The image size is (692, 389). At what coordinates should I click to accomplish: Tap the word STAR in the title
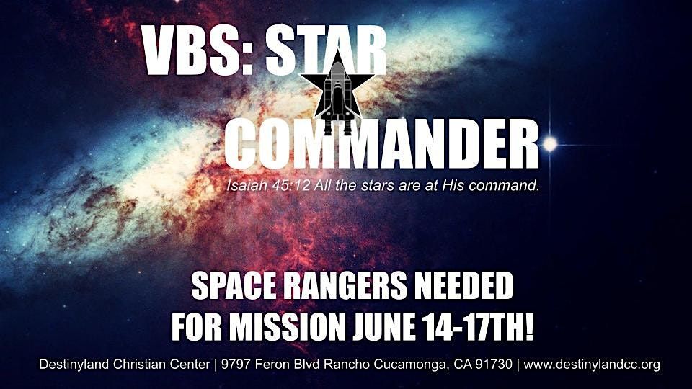[326, 50]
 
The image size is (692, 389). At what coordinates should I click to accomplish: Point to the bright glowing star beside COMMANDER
[550, 144]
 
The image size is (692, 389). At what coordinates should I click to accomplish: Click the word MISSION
[287, 327]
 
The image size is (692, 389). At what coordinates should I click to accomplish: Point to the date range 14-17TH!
[479, 327]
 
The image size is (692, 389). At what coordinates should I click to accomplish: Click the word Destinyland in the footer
[74, 365]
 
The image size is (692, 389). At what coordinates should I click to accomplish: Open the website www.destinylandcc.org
[592, 365]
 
